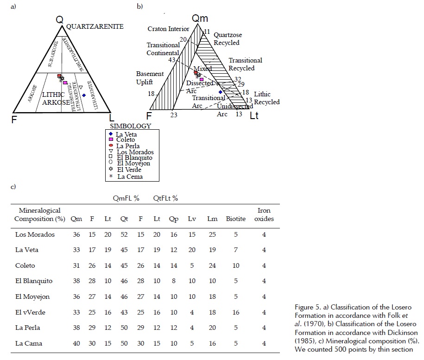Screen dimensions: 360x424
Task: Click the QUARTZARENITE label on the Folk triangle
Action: [95, 26]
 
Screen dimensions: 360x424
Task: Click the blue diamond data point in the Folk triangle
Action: [84, 95]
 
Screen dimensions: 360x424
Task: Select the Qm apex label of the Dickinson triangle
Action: [200, 19]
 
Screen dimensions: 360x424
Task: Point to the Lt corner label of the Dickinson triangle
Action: [254, 116]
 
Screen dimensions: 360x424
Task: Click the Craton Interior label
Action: [168, 29]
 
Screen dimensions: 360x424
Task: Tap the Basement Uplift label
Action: [150, 78]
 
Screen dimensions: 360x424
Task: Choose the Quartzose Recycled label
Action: [227, 39]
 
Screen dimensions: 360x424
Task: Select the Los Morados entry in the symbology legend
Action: [135, 152]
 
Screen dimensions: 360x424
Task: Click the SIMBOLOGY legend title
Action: [130, 126]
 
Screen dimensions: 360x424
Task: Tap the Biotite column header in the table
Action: [236, 219]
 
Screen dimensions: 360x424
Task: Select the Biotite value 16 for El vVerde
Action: [236, 312]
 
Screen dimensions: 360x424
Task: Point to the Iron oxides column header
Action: [264, 215]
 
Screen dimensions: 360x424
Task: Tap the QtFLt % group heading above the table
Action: [165, 198]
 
